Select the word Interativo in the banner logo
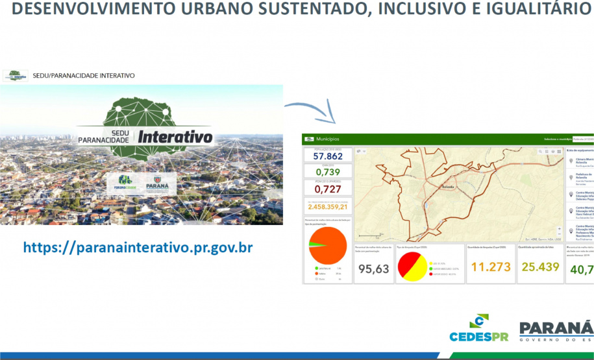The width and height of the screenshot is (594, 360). click(175, 138)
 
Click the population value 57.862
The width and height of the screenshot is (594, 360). click(328, 156)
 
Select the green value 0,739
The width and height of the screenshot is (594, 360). click(328, 173)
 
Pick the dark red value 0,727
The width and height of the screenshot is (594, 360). click(328, 189)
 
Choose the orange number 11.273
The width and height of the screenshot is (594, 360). click(490, 267)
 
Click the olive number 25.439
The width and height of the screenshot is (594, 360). click(540, 267)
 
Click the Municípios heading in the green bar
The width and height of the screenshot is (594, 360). click(327, 139)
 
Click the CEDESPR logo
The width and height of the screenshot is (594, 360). click(479, 329)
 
